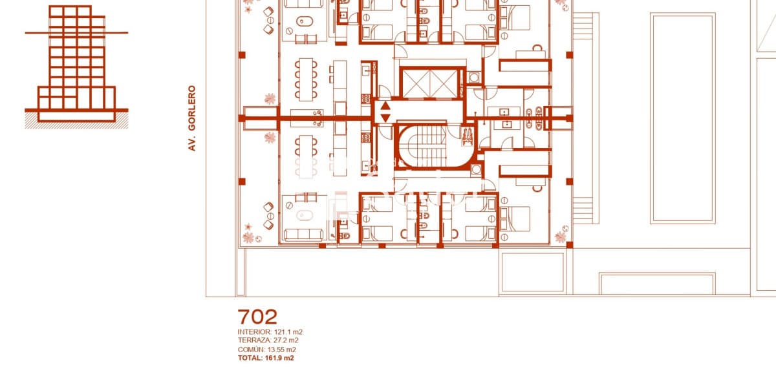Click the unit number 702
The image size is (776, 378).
click(x=257, y=317)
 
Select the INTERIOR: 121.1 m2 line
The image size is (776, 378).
click(x=270, y=332)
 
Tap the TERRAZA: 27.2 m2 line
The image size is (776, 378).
click(x=268, y=341)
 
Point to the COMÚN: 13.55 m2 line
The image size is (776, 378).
click(x=266, y=350)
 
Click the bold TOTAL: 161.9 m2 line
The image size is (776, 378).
click(x=266, y=358)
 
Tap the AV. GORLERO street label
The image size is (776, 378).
click(x=192, y=118)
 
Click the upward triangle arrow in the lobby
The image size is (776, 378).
click(x=385, y=106)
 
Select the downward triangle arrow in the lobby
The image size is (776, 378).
click(x=385, y=118)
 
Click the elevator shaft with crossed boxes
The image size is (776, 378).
click(x=429, y=83)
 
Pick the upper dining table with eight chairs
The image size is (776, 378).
click(x=306, y=79)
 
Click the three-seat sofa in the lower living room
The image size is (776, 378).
click(x=303, y=235)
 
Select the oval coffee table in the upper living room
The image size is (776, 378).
click(x=305, y=21)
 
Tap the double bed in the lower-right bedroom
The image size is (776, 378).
click(x=515, y=219)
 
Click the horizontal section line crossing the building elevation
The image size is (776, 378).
click(x=76, y=33)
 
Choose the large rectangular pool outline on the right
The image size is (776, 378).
click(x=682, y=118)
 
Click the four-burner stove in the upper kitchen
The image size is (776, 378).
click(x=366, y=100)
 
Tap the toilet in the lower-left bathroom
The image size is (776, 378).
click(x=344, y=236)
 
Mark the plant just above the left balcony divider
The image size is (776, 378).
click(x=270, y=99)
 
